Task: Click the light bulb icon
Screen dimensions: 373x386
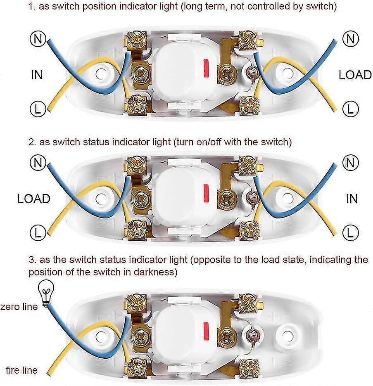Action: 46,293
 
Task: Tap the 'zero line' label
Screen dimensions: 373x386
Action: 19,307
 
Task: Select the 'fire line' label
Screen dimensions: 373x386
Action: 21,370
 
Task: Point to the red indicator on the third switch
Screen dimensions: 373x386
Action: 206,331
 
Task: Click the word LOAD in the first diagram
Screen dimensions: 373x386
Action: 355,75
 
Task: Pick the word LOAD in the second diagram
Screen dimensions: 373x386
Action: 34,199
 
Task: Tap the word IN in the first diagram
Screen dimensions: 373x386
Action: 37,75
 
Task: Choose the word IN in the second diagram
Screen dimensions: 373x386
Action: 352,199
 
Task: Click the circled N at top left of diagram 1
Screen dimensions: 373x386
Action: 38,39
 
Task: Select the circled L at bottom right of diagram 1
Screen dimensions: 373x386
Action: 350,109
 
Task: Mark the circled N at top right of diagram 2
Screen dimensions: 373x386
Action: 350,163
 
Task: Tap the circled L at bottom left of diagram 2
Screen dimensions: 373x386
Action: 38,232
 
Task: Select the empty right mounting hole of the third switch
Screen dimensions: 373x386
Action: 287,336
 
